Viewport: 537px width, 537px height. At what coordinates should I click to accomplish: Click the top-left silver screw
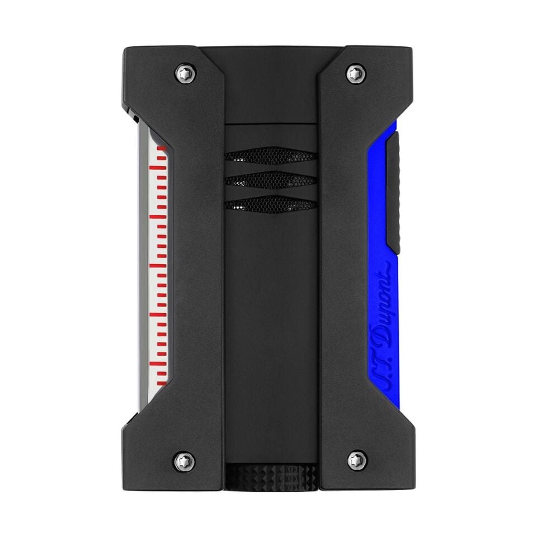coord(186,72)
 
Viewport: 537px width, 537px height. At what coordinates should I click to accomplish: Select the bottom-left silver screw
coord(186,459)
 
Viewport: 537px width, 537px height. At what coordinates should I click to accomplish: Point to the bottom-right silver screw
coord(357,459)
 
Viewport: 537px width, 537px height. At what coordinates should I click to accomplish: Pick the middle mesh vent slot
coord(271,180)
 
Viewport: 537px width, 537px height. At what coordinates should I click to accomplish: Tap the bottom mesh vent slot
coord(271,204)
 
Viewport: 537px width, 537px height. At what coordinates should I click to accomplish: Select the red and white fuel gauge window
coord(158,260)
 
